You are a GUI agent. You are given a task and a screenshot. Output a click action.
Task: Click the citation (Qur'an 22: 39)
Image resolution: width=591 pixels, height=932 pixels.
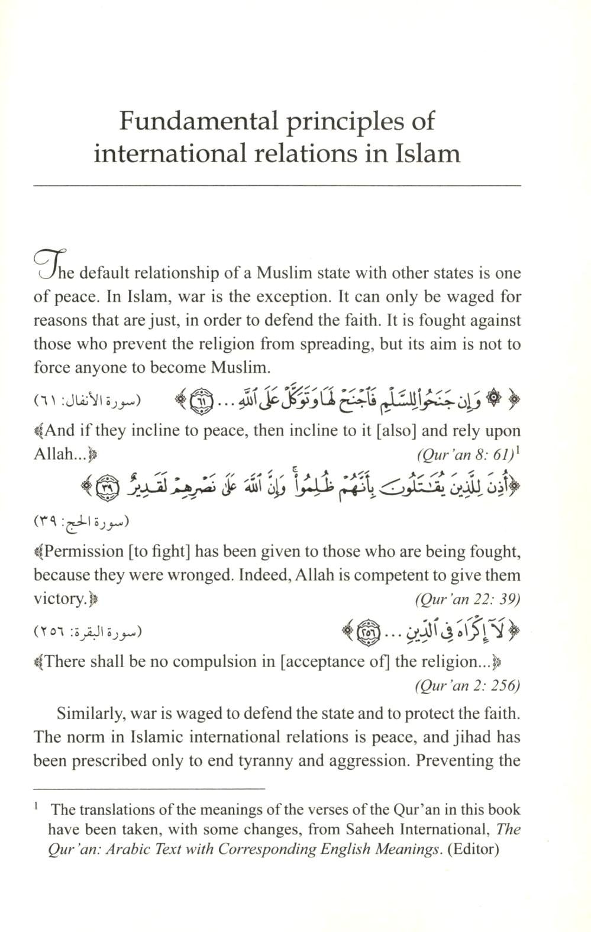(468, 599)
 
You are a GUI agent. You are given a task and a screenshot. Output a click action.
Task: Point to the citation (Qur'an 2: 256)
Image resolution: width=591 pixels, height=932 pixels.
(468, 686)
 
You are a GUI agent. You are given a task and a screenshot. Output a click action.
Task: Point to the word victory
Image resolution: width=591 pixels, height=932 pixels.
(60, 599)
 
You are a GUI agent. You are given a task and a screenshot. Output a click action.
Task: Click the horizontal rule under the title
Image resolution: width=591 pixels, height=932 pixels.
(277, 186)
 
